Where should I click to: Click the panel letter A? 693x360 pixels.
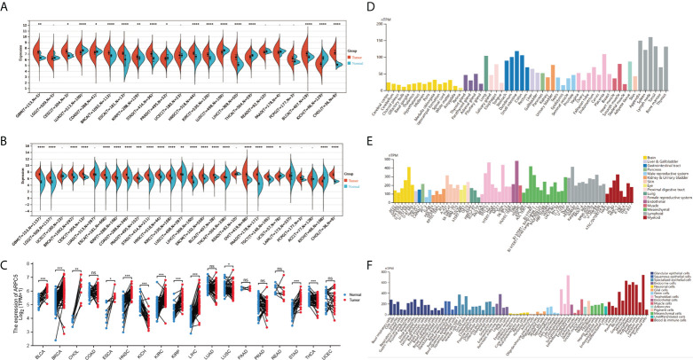pos(5,5)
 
